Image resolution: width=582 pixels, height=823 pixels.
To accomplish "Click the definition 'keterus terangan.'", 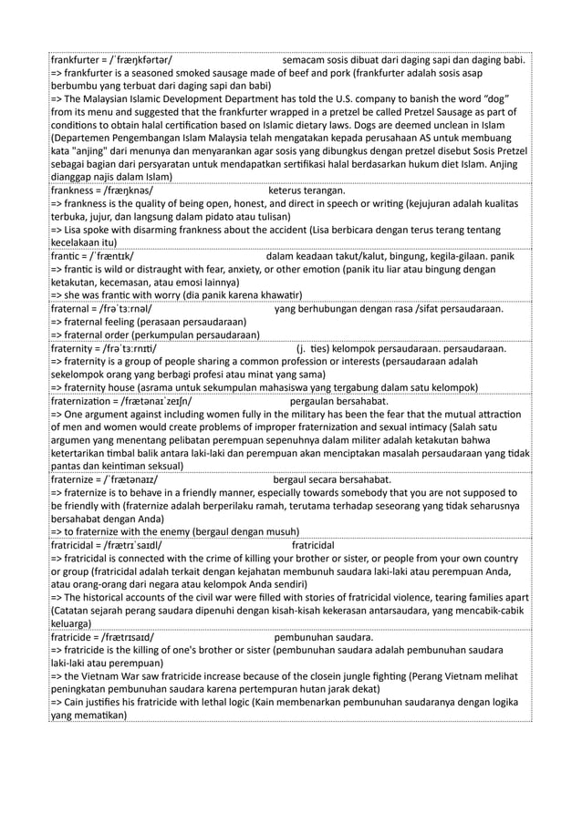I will pos(307,191).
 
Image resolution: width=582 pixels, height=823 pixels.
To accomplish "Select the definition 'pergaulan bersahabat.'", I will pos(338,401).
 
